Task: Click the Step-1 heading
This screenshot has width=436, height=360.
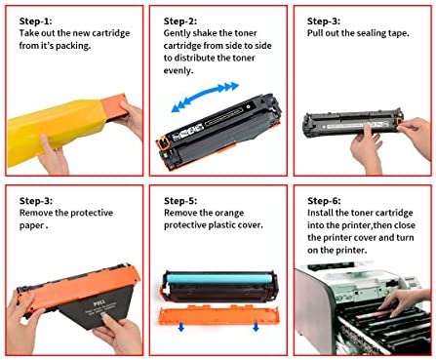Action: (x=35, y=21)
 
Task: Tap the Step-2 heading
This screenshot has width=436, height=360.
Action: (x=180, y=21)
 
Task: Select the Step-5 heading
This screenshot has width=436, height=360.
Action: (x=180, y=201)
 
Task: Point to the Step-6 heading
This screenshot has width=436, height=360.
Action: (x=324, y=201)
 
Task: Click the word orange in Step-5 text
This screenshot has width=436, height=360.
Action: (x=229, y=214)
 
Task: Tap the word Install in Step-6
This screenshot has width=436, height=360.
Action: (x=320, y=213)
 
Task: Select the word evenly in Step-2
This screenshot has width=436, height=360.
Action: (x=178, y=70)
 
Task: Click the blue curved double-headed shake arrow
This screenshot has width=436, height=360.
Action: (x=205, y=96)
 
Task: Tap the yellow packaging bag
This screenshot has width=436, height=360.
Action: (x=57, y=130)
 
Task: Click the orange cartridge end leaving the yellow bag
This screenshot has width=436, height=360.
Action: (x=114, y=106)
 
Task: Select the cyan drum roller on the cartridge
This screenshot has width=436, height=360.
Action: (x=218, y=279)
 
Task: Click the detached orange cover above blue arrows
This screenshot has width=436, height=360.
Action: (x=218, y=315)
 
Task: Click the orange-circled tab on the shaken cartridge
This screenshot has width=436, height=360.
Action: (x=164, y=143)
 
